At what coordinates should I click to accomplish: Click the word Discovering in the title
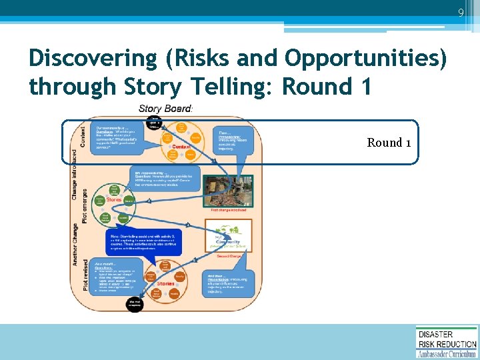click(89, 59)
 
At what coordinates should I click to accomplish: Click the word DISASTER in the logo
click(435, 334)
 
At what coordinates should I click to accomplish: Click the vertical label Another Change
click(75, 243)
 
